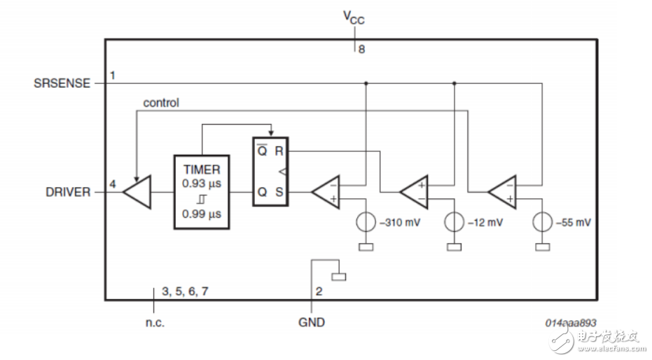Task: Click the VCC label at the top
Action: tap(354, 17)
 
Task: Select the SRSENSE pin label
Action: tap(62, 83)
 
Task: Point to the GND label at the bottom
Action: tap(312, 322)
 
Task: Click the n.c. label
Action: tap(154, 322)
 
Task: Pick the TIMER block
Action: tap(202, 191)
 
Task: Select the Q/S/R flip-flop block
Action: tap(270, 171)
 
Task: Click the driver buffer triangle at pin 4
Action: tap(139, 191)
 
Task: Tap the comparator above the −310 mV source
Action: tap(326, 191)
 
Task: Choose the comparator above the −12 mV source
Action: tap(414, 191)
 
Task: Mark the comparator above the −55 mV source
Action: tap(502, 191)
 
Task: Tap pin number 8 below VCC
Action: tap(361, 50)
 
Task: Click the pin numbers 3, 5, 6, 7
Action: tap(185, 291)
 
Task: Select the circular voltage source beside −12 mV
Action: tap(455, 223)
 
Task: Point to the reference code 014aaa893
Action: tap(571, 322)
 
